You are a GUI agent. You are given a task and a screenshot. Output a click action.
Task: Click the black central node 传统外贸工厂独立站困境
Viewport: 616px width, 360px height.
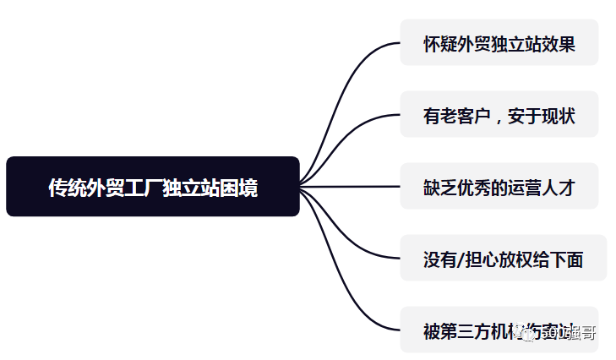click(153, 187)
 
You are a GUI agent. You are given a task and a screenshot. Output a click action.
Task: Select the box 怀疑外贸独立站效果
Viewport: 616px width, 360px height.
click(499, 43)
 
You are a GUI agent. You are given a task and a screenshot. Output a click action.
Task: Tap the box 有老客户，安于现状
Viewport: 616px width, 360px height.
click(499, 115)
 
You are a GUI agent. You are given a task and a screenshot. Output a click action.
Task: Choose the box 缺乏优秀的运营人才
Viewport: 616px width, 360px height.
click(499, 187)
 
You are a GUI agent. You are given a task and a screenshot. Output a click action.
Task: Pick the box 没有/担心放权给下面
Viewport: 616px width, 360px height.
click(503, 259)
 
